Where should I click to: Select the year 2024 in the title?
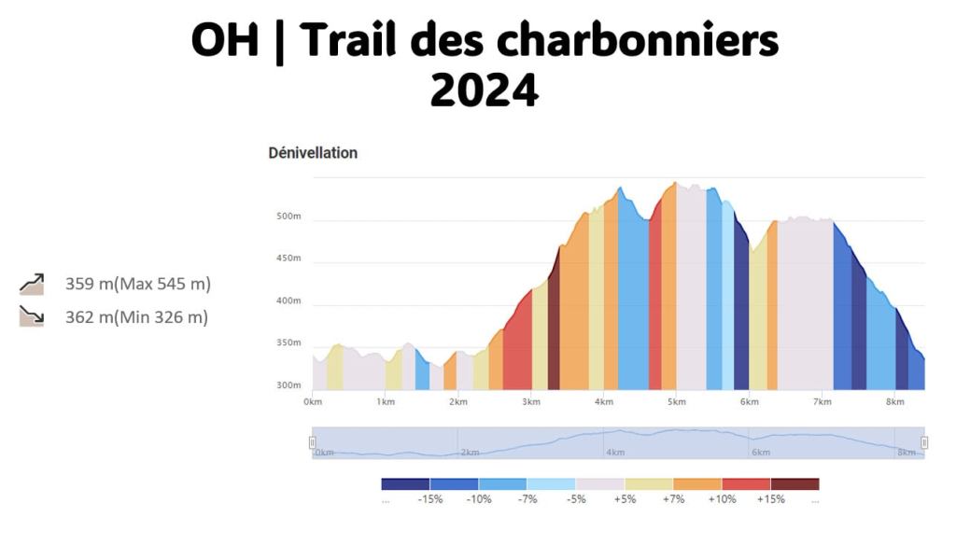tap(484, 91)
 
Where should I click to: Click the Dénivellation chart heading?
tap(313, 153)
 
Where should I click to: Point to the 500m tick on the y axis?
tap(289, 217)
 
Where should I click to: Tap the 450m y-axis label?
tap(289, 259)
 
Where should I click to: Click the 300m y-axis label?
tap(289, 385)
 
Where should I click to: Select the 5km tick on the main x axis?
tap(677, 402)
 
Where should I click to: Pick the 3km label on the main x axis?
tap(531, 402)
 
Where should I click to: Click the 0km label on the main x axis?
tap(313, 402)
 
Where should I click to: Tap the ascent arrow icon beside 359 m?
tap(32, 284)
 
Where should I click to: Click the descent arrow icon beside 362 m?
tap(32, 317)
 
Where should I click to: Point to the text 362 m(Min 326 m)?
tap(136, 317)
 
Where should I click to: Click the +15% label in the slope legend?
tap(771, 499)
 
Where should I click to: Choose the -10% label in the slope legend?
tap(479, 499)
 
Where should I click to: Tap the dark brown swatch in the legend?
tap(795, 484)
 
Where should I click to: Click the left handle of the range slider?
tap(313, 442)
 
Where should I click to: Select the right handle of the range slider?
tap(924, 442)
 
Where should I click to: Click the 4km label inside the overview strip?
tap(615, 453)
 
